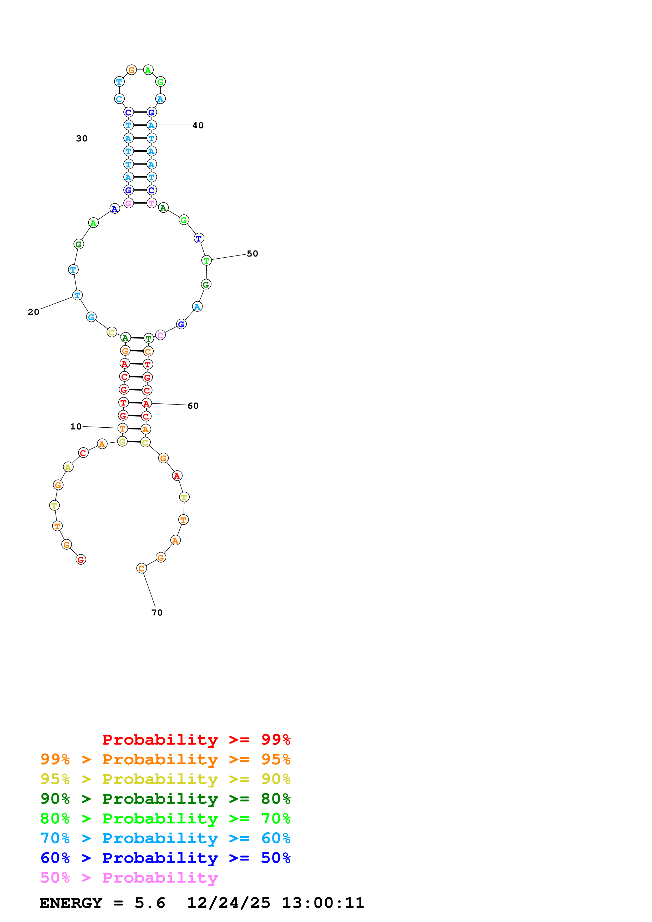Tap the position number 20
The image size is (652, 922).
click(33, 312)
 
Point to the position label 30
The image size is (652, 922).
click(82, 139)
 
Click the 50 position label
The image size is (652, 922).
click(252, 254)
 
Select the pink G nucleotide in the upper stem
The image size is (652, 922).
click(128, 203)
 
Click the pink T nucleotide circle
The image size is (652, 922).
click(151, 203)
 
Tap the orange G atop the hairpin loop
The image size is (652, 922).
click(131, 70)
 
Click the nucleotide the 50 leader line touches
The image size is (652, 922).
click(206, 260)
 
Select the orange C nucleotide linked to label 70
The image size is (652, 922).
click(141, 568)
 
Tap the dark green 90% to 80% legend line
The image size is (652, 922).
click(165, 799)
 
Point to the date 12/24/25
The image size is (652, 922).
click(228, 903)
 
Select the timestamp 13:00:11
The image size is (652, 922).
click(323, 903)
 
